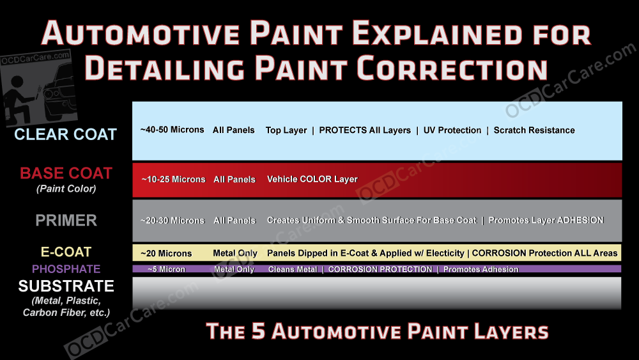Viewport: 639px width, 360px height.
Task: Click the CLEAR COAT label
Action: pos(66,135)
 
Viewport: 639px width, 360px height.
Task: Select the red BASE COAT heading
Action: pos(66,173)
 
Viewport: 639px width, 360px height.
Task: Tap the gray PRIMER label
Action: pos(66,221)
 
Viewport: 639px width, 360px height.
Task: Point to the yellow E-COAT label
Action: pos(66,252)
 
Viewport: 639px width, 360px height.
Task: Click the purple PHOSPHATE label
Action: pos(66,269)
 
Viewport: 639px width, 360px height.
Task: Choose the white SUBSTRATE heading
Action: pos(66,286)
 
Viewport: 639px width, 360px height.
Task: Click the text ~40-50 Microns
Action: pos(172,130)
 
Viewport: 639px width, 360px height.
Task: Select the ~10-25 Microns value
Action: pos(173,179)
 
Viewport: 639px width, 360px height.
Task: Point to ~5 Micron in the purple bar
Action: pos(166,269)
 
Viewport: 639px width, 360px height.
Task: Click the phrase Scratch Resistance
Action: pos(534,130)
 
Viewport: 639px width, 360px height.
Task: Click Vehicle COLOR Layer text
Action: pos(312,179)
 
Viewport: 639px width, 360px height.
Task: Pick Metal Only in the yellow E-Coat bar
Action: pos(235,253)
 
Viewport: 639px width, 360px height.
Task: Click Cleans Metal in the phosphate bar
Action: pos(292,269)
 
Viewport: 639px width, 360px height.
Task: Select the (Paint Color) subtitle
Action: pos(66,189)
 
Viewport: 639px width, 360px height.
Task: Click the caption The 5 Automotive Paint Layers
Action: pos(377,331)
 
